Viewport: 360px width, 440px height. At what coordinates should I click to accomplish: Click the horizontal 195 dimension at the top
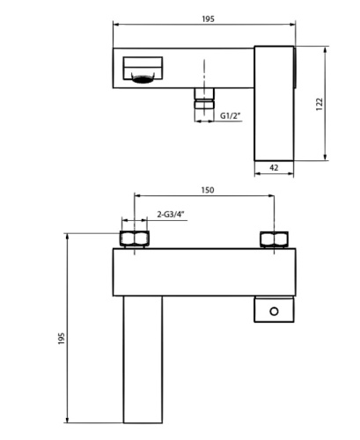[206, 18]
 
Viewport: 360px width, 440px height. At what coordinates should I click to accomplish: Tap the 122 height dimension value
[320, 104]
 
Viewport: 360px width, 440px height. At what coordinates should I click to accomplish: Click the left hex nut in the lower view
[134, 239]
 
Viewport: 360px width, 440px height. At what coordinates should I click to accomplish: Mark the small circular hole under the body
[275, 311]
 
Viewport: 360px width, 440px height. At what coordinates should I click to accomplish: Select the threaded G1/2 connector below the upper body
[204, 106]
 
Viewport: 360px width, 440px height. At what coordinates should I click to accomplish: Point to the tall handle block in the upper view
[275, 104]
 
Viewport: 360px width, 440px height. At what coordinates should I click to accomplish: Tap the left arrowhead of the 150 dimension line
[136, 197]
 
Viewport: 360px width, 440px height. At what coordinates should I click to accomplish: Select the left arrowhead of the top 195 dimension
[116, 26]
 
